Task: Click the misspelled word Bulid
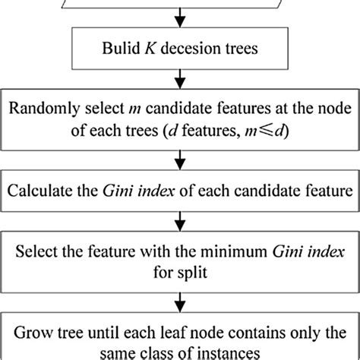click(x=124, y=50)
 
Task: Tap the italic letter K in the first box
click(x=150, y=50)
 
